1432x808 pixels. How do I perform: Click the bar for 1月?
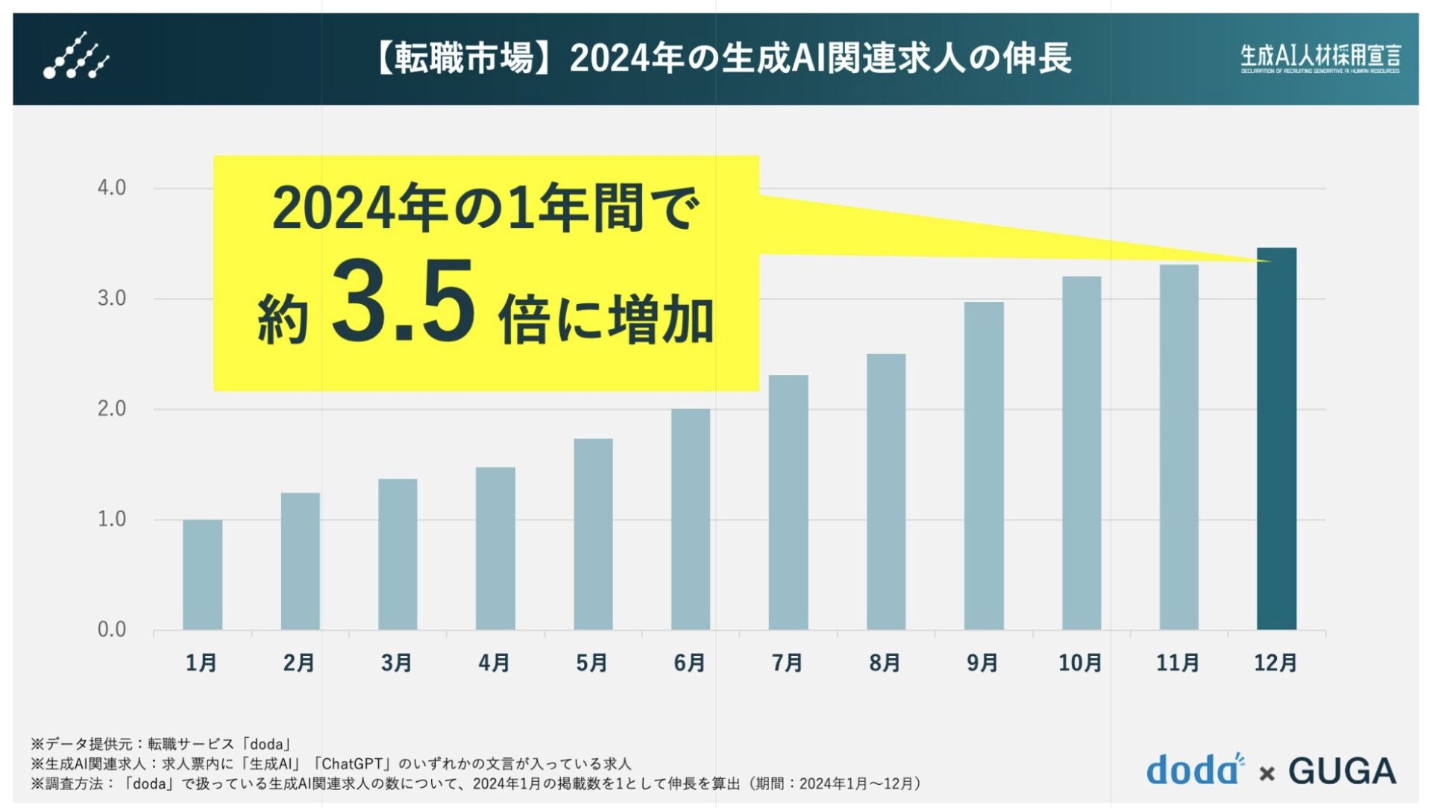202,575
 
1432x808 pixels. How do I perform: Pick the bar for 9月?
983,466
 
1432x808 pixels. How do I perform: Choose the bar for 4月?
495,548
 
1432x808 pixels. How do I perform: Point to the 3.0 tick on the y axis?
112,299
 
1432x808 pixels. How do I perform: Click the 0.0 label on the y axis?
112,630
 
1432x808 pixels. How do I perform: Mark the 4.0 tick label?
112,188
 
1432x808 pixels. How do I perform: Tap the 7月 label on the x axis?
787,663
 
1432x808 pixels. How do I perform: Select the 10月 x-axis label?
1080,663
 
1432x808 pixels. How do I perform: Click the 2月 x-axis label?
299,663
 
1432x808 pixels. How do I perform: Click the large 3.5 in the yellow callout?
403,302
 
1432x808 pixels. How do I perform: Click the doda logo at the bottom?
1193,771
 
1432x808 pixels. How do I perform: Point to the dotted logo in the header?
76,57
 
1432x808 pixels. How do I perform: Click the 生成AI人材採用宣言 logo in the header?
1319,57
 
